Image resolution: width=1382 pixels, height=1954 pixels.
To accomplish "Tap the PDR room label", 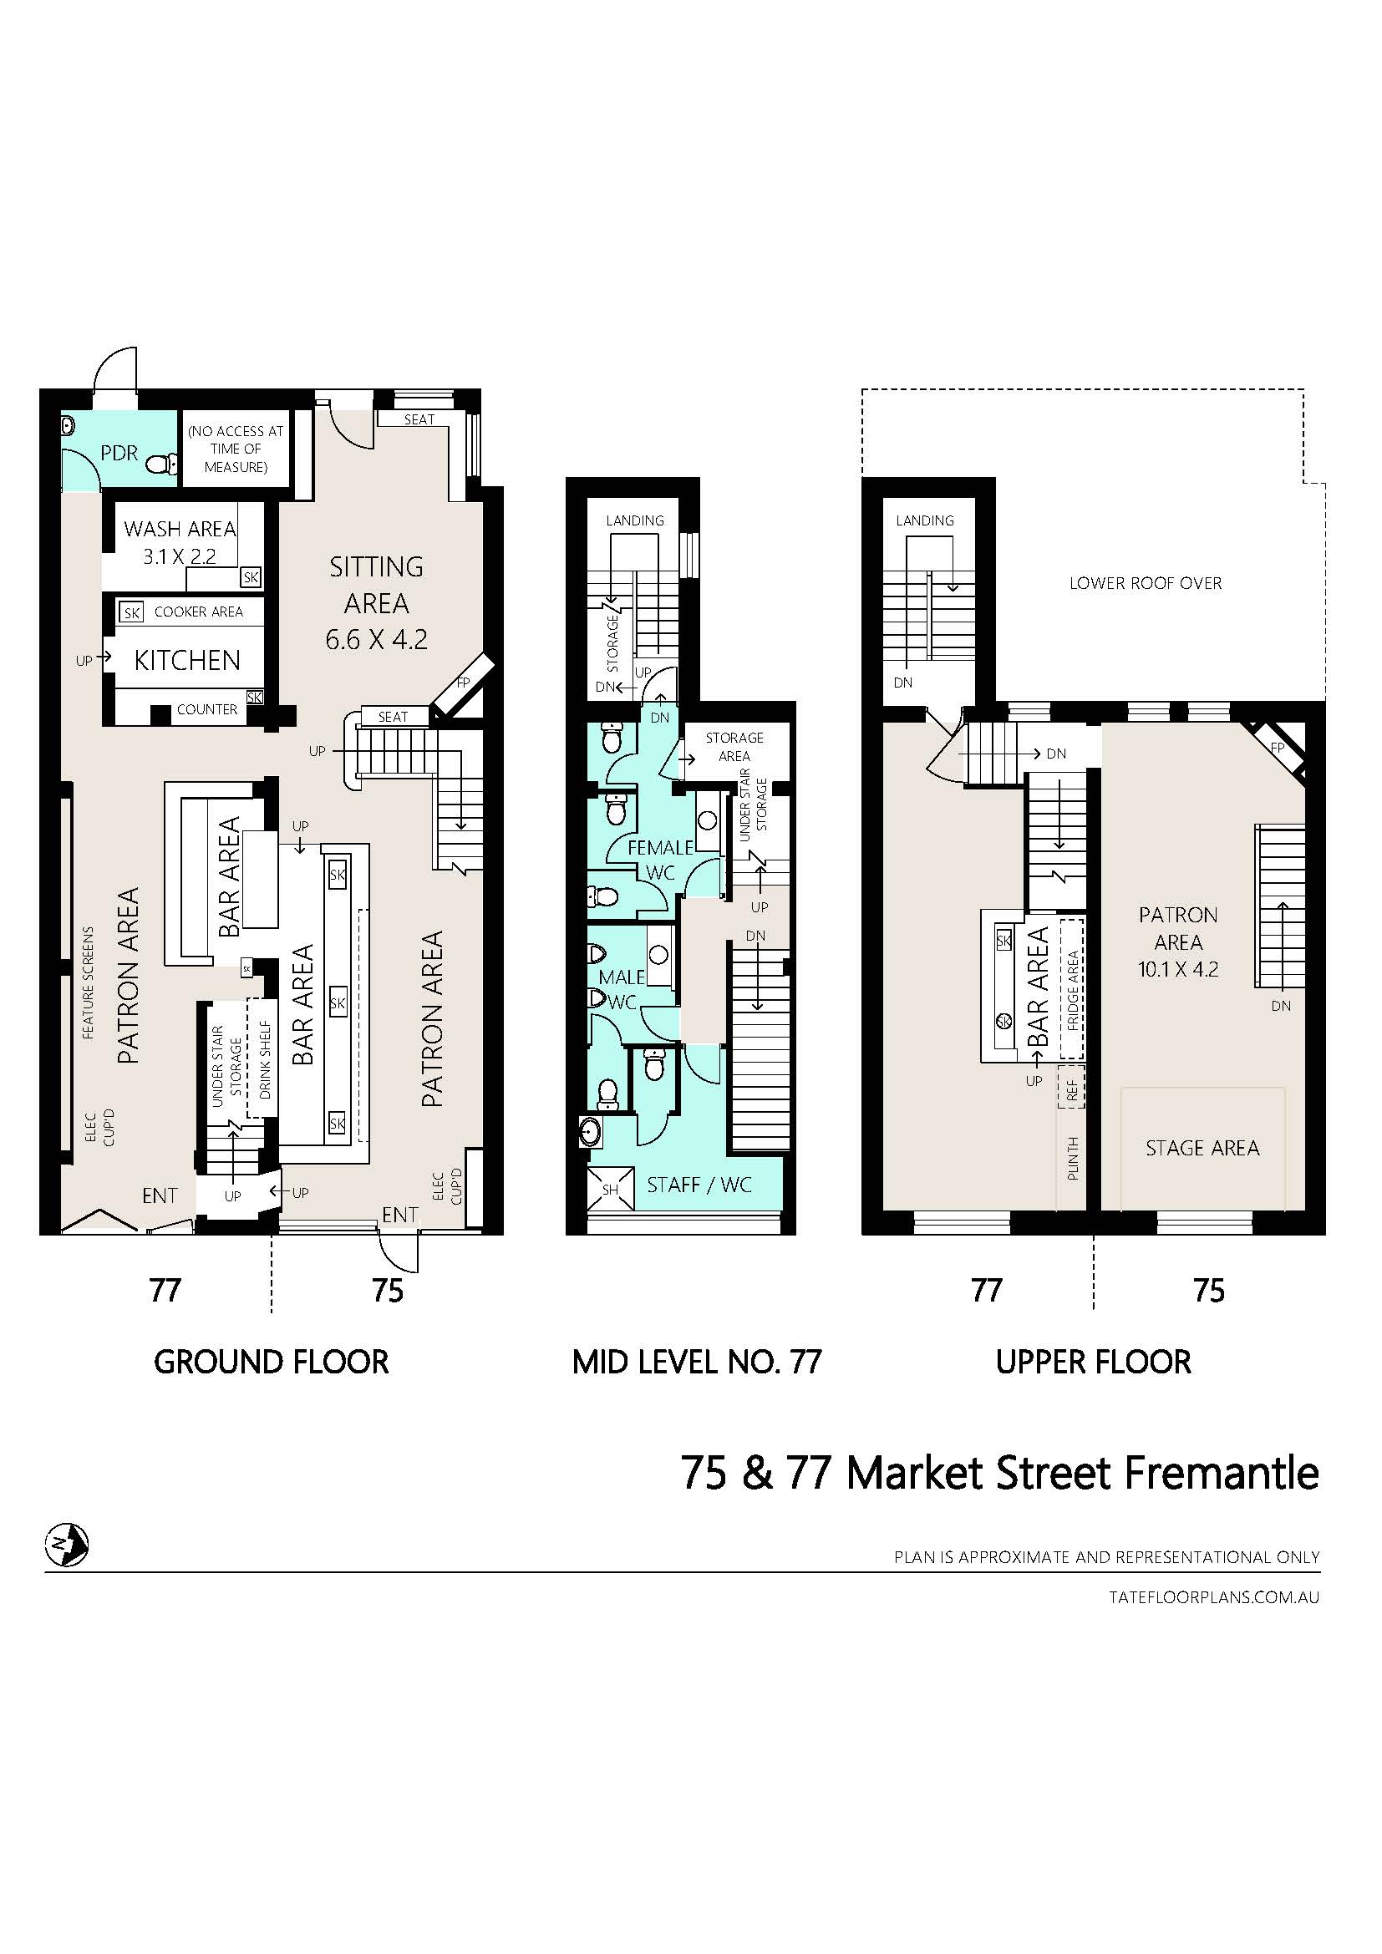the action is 119,453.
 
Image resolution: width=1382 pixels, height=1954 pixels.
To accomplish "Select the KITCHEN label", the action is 187,661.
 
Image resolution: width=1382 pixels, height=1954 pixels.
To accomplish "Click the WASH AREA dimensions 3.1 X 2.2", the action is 180,556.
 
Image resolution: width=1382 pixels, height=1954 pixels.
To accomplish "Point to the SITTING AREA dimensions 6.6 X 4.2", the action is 376,639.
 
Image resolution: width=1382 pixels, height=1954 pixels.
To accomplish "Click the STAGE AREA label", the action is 1202,1148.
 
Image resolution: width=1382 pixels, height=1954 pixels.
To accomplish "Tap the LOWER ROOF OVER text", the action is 1146,583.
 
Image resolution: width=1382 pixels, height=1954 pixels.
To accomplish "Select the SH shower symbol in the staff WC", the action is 610,1190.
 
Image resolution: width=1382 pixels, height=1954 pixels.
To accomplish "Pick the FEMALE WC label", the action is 660,860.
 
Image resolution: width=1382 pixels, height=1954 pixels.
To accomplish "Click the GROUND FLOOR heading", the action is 271,1363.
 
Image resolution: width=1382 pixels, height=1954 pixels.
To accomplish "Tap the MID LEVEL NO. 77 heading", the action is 697,1363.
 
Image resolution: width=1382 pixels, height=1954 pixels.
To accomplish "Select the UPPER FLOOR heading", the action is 1094,1363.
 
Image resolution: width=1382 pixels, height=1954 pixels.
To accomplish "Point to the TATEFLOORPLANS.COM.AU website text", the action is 1214,1597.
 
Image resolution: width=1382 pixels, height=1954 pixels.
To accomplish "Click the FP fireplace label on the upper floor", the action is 1278,748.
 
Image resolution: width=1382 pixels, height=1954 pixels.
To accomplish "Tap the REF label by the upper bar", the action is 1072,1090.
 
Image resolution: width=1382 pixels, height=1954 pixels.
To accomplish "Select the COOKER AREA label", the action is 198,612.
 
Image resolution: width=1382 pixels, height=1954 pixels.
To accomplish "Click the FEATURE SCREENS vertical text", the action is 89,983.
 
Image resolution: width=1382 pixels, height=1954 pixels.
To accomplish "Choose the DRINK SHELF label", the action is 265,1058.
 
